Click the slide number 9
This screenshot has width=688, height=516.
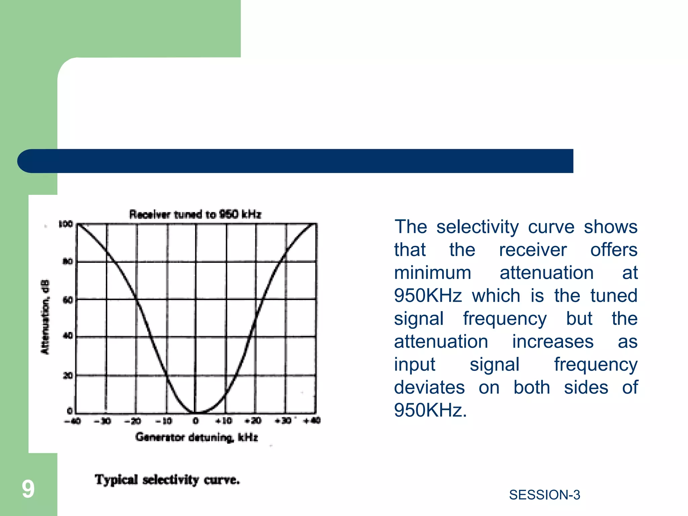(28, 489)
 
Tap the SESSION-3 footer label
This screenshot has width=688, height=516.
(545, 495)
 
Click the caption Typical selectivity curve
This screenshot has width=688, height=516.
(167, 479)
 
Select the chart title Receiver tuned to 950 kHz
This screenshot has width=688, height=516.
(195, 214)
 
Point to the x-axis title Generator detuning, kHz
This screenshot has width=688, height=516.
(197, 437)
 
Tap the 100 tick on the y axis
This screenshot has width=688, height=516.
(66, 224)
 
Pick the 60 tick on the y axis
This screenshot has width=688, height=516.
(68, 300)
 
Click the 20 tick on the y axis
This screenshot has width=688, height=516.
(68, 375)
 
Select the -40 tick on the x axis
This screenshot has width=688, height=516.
(73, 421)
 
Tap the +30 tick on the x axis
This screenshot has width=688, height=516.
(283, 421)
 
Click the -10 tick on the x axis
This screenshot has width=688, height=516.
(164, 421)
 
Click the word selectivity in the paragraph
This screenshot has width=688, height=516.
(477, 227)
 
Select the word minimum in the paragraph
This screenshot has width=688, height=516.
(433, 272)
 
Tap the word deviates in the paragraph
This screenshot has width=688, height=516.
(429, 387)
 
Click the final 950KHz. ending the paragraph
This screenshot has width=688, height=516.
(430, 410)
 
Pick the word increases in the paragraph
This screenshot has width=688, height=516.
(553, 342)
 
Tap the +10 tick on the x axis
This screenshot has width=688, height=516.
(224, 421)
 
